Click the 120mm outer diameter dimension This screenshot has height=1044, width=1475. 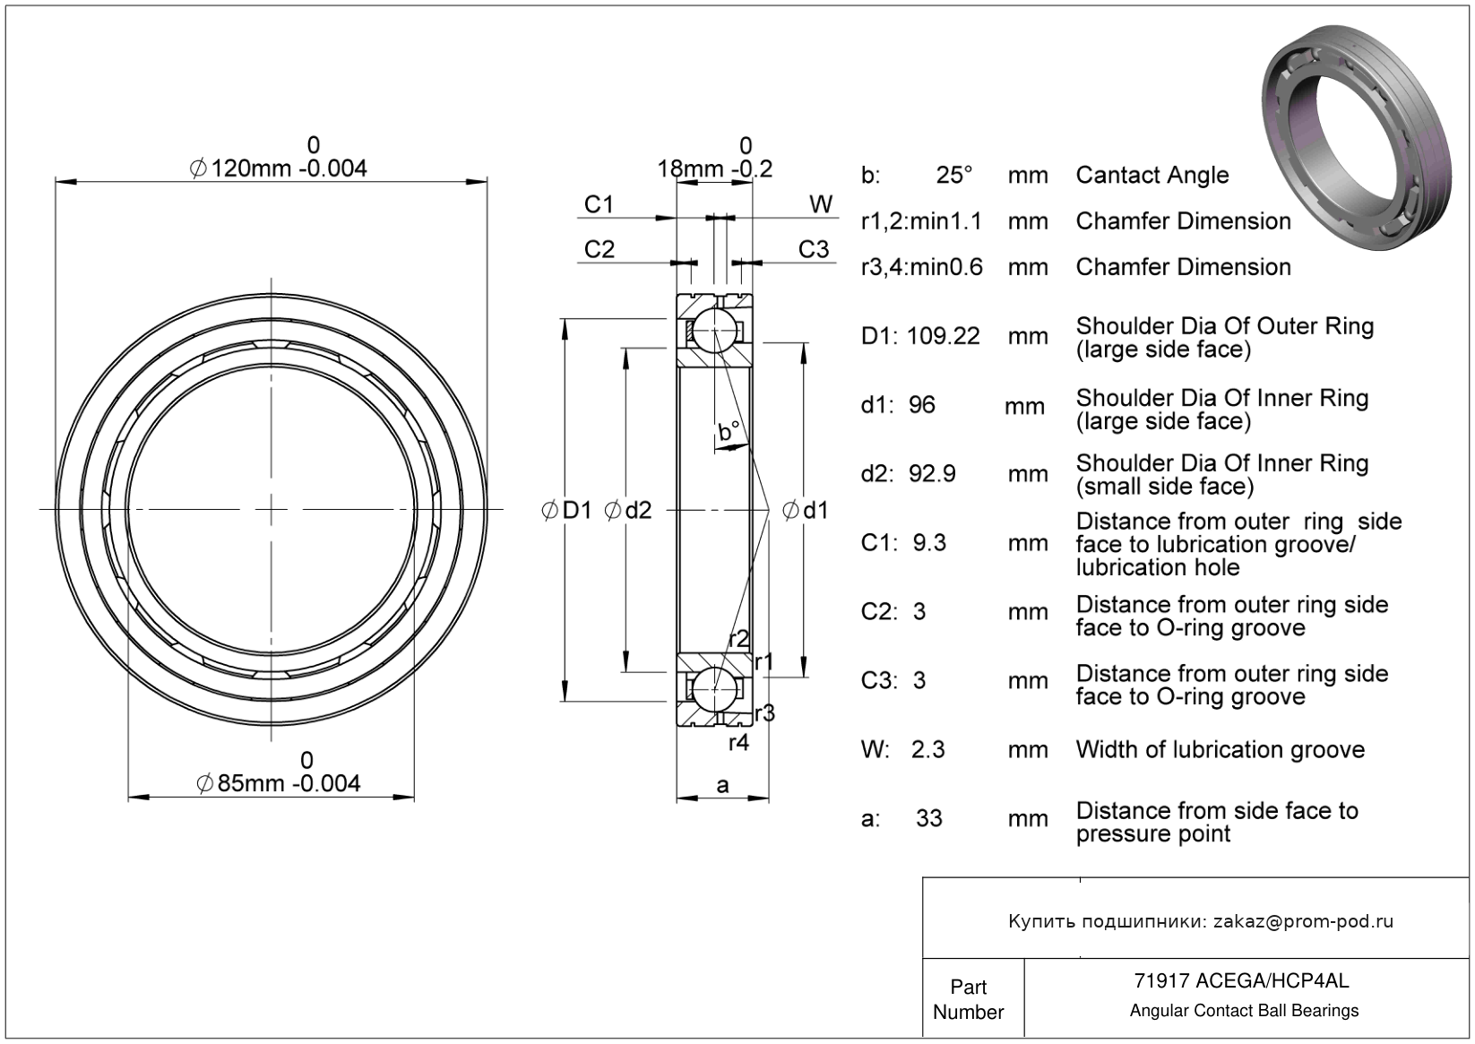click(280, 168)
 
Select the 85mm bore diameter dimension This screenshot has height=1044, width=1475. click(280, 782)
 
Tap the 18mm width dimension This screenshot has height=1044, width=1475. click(714, 168)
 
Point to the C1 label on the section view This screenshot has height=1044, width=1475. click(599, 205)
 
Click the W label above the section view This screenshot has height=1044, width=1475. click(821, 205)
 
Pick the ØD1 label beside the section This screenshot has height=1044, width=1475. click(567, 511)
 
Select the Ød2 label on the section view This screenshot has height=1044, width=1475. click(628, 511)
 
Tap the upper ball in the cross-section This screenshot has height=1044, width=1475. click(715, 330)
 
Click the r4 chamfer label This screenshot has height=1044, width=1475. click(738, 742)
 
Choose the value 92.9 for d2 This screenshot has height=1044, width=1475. click(932, 473)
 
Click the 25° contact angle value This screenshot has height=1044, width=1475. click(954, 175)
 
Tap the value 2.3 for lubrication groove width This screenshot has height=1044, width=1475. click(927, 749)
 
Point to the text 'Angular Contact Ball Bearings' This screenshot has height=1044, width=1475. click(1244, 1011)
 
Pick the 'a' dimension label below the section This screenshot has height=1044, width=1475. click(722, 786)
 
